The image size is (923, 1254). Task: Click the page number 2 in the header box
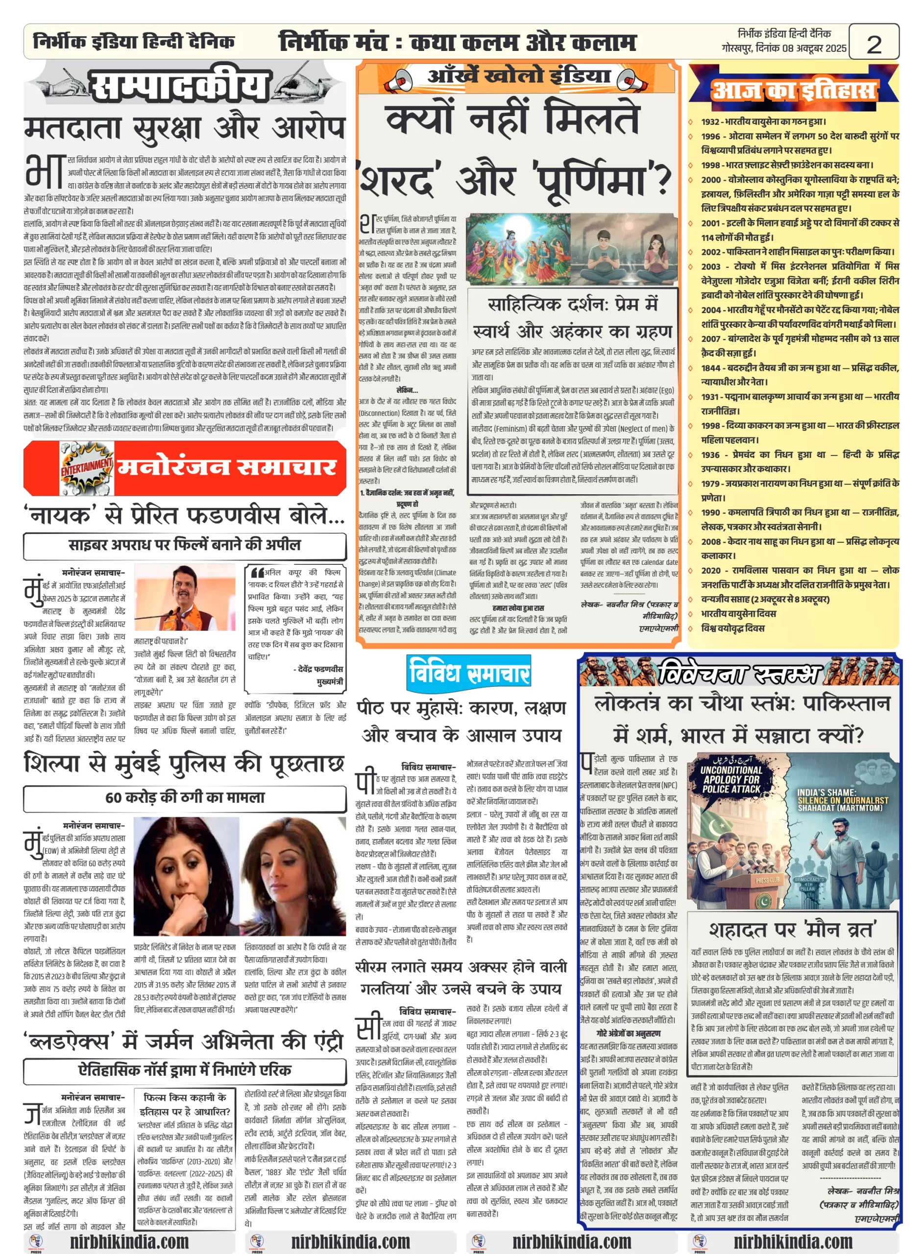(x=874, y=44)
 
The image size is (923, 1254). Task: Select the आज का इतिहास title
(x=793, y=90)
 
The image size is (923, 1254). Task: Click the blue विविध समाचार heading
(x=469, y=672)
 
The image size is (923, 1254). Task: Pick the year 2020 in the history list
(x=711, y=570)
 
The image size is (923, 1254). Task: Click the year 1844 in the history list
(x=711, y=368)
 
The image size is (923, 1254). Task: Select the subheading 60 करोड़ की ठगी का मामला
(x=185, y=797)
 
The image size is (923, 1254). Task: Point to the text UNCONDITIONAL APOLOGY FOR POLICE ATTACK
(x=731, y=779)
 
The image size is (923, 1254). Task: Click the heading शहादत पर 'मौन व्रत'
(x=793, y=930)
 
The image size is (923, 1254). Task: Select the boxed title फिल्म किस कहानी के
(x=185, y=1098)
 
